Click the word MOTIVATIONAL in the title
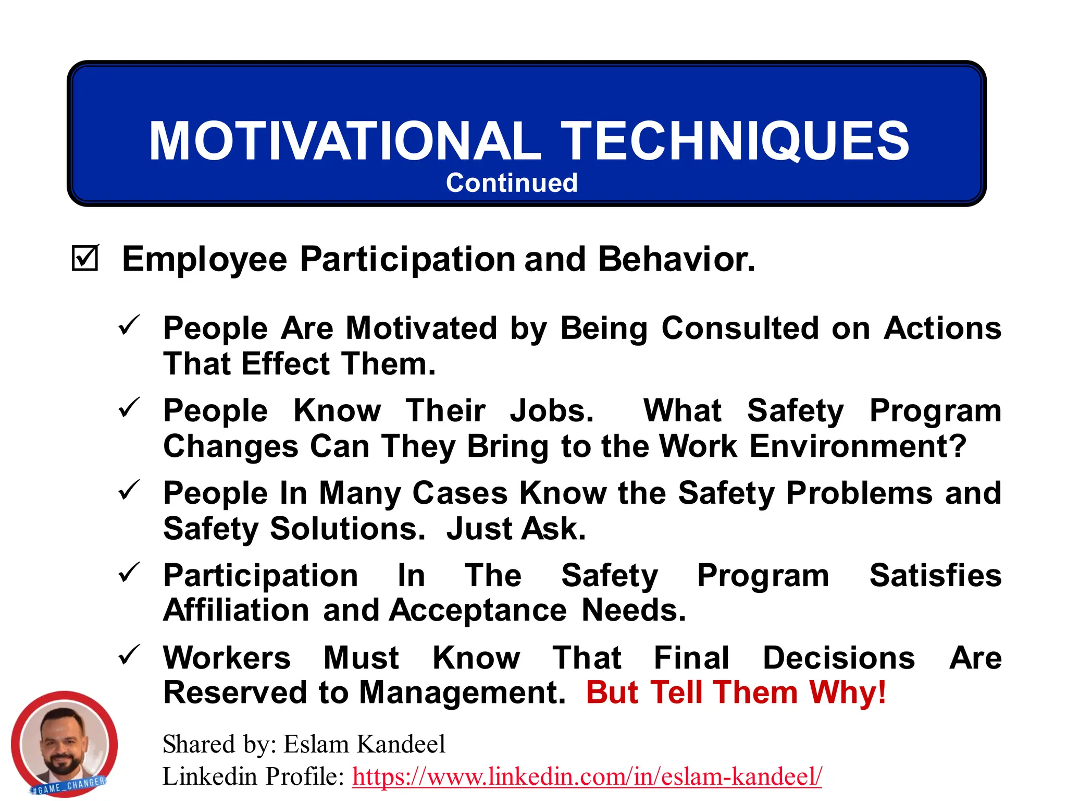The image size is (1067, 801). coord(345,141)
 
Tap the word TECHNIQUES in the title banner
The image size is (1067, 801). coord(735,141)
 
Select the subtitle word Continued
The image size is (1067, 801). coord(512,183)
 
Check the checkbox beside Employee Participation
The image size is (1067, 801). coord(84,259)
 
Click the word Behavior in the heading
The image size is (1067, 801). coord(676,259)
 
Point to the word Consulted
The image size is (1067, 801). coord(740,329)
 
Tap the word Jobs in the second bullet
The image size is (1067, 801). coord(552,411)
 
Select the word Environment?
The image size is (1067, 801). coord(858,446)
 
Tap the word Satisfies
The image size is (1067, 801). coord(935,575)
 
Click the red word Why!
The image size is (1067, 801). coord(848,693)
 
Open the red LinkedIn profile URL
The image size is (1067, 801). coord(587,776)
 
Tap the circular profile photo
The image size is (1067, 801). coord(64,745)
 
